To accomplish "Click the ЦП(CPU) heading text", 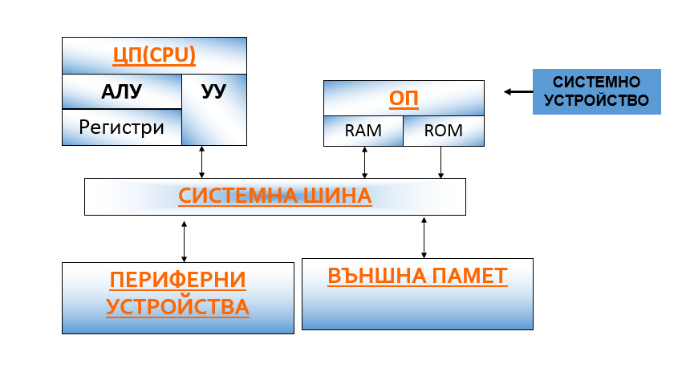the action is [154, 55].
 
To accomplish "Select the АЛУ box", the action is [122, 91].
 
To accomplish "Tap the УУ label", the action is [214, 91].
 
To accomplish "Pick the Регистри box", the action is [122, 127].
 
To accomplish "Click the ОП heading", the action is [404, 99].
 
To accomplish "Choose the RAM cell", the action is [363, 131].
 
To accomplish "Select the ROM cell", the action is [444, 131].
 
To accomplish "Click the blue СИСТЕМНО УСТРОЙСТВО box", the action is [597, 91].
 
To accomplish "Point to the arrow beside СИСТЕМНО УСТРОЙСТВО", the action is [518, 91].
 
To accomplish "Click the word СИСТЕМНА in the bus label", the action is [238, 196].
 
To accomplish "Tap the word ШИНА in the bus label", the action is [338, 196].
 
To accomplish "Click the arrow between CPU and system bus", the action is [201, 162].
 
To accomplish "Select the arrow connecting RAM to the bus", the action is [364, 163].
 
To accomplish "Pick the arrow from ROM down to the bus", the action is [440, 163].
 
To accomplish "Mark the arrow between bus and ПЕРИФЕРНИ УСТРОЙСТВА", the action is [184, 241].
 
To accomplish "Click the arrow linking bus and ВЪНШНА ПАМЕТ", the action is [424, 238].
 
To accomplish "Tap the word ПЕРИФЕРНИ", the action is [178, 280].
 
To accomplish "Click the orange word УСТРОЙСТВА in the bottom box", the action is [178, 307].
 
